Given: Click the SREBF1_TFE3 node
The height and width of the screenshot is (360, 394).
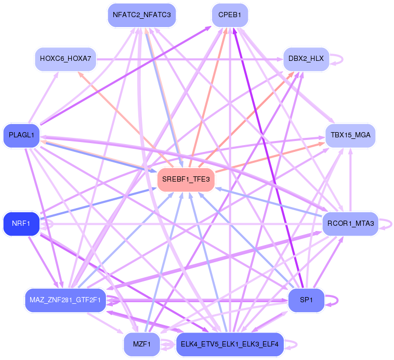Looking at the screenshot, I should click(186, 179).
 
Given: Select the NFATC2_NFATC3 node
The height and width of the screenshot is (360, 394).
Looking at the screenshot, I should click(141, 15).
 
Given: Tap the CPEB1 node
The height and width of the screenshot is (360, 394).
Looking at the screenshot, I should click(230, 15).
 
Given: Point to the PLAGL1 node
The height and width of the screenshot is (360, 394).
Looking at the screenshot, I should click(21, 135).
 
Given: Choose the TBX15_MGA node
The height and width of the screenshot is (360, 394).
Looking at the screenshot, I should click(350, 135).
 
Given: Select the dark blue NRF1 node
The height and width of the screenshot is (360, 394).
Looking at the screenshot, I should click(21, 224).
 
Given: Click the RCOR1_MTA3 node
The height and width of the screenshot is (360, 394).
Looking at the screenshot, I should click(350, 224).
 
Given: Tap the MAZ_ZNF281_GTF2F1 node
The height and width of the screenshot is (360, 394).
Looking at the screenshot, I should click(65, 300).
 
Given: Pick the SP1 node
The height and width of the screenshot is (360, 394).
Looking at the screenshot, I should click(306, 300).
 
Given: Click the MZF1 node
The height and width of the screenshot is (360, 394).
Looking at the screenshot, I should click(141, 344).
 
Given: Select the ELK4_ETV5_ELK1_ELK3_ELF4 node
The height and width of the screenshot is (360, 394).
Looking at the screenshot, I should click(230, 344).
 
